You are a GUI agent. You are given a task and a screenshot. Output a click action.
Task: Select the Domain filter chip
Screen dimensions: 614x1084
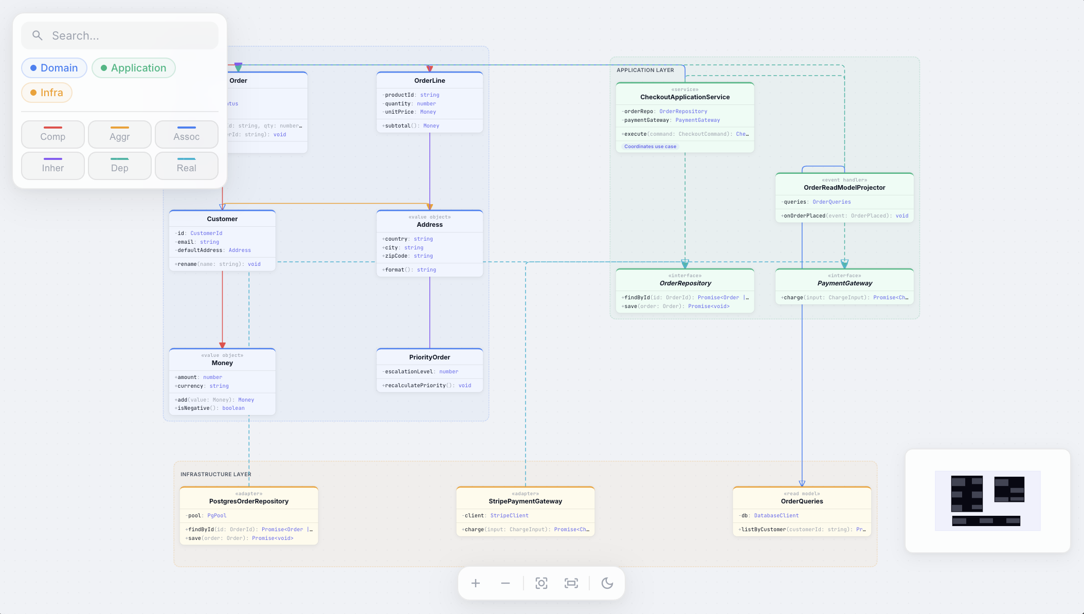(54, 68)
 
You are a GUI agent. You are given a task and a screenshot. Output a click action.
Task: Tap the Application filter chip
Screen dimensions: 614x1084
(134, 68)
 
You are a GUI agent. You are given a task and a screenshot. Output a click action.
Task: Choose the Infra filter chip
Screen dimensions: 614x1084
(47, 93)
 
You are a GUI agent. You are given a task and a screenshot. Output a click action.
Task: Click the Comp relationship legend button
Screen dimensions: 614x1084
(53, 135)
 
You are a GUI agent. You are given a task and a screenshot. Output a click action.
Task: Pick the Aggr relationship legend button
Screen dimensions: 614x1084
(120, 135)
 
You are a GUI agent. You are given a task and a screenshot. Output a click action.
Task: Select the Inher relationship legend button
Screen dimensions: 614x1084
(53, 166)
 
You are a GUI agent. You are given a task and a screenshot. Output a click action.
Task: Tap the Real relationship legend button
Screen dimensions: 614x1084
(187, 166)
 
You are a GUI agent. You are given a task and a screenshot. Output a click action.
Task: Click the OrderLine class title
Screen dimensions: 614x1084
(429, 81)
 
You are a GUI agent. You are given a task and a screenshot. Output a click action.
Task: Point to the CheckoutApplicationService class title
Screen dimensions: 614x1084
(684, 97)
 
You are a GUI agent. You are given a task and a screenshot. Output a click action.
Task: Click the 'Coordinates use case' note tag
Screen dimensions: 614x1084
(650, 147)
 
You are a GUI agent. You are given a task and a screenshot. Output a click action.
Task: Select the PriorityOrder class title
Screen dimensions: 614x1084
(429, 357)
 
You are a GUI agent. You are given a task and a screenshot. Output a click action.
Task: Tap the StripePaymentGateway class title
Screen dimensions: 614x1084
(525, 501)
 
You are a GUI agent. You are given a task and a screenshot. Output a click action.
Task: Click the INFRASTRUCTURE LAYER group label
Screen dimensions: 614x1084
(216, 474)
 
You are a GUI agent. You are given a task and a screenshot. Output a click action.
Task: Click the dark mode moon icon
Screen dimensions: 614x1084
(607, 583)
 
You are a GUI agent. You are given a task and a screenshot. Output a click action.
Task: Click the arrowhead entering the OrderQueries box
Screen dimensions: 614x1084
(802, 483)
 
